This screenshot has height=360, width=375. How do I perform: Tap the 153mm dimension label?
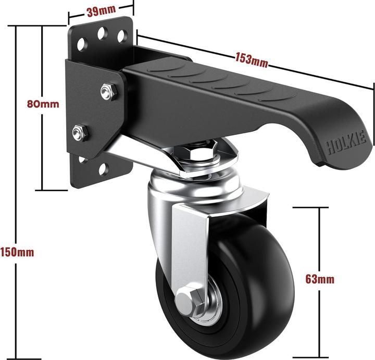click(x=252, y=60)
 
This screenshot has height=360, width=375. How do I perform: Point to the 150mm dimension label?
click(x=17, y=252)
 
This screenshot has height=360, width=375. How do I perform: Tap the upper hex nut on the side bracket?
click(x=109, y=91)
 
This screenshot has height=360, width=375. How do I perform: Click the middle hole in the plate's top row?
click(x=102, y=33)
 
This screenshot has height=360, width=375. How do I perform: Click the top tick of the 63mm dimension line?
click(x=310, y=207)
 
